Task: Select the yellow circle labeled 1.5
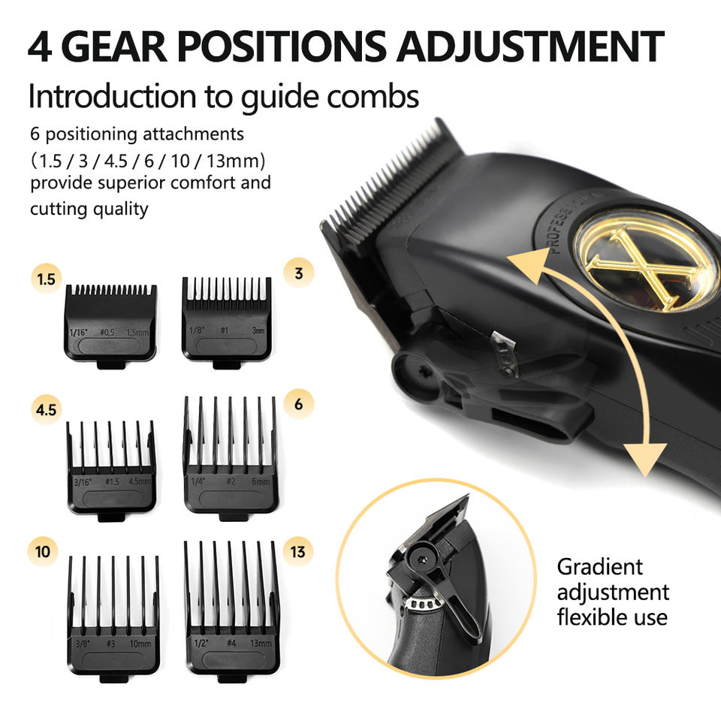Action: click(47, 279)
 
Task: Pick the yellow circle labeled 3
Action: click(299, 273)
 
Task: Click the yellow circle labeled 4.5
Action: click(47, 411)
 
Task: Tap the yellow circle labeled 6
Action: click(299, 404)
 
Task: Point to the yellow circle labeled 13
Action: click(298, 552)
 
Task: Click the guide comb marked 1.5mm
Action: click(111, 323)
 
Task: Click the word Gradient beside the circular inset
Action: click(599, 567)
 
